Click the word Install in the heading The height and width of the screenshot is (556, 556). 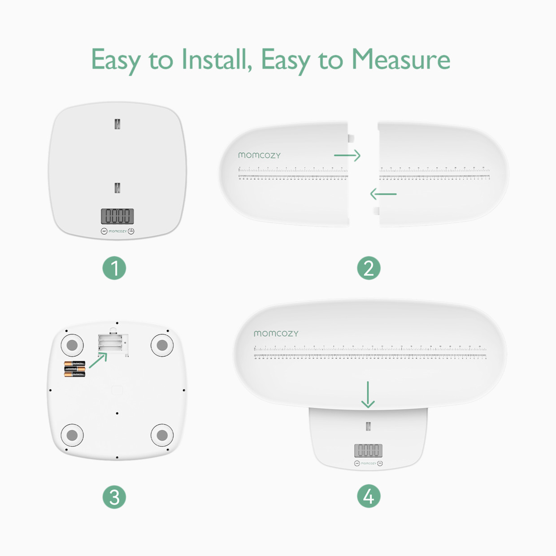coord(217,60)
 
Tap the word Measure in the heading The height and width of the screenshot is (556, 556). coord(400,60)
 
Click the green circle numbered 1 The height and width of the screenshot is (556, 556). coord(114,268)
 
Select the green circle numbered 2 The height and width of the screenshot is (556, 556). coord(369,268)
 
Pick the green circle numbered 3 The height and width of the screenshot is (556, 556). coord(114,497)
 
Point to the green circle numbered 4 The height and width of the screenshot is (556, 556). coord(369,496)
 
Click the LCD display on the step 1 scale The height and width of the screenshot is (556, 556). coord(117,216)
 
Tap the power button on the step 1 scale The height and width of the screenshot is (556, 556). coord(131,231)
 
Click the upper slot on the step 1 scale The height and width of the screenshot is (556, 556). coord(117,124)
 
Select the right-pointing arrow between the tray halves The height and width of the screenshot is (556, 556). coord(347,156)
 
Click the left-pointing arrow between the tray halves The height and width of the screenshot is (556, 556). coord(383,194)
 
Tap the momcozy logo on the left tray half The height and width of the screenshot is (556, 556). coord(259,155)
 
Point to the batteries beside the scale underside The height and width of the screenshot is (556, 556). coord(74,369)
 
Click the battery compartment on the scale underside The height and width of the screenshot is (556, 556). coord(111,344)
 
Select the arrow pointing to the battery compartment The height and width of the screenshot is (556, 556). coord(98,360)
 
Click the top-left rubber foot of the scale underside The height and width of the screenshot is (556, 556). coord(72,345)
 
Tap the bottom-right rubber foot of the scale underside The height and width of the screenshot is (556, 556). coord(162,435)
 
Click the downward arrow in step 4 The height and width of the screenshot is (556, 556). coord(368,395)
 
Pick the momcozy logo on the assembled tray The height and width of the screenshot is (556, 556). coord(276,334)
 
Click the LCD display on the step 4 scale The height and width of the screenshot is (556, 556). coord(368,450)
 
